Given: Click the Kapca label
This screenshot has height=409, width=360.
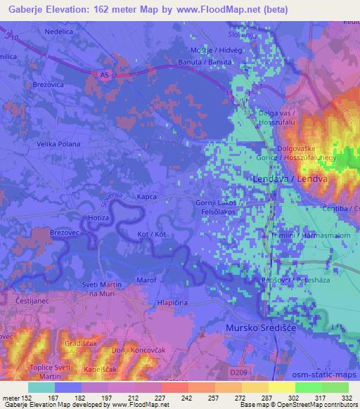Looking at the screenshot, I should point(148,197).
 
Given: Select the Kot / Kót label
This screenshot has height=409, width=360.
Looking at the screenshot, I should point(152,233).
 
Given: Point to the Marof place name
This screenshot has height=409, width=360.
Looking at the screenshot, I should point(146,280).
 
